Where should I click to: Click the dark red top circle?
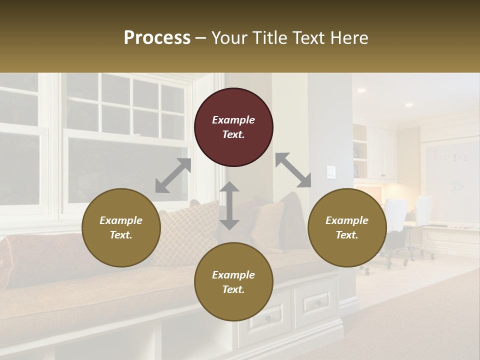233,127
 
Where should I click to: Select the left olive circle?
121,227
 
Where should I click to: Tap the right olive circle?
346,227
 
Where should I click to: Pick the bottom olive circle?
233,282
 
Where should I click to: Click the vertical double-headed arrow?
229,205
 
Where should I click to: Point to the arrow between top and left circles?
173,175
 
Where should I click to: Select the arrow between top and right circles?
293,170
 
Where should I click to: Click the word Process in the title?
157,37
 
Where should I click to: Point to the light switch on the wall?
331,172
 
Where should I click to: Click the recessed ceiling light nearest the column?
360,90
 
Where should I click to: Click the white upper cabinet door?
381,152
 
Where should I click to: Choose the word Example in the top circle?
233,120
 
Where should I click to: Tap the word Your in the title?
228,37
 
